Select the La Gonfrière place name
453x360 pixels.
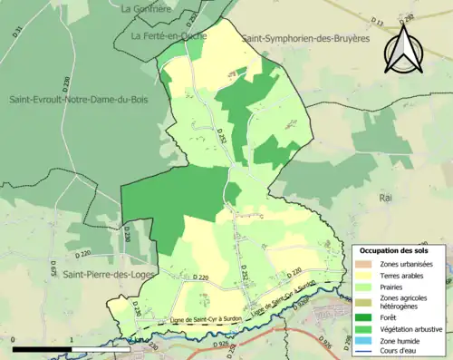[x=145, y=8]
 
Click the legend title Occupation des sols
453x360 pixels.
[x=395, y=250]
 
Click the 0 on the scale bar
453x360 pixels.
[x=14, y=340]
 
